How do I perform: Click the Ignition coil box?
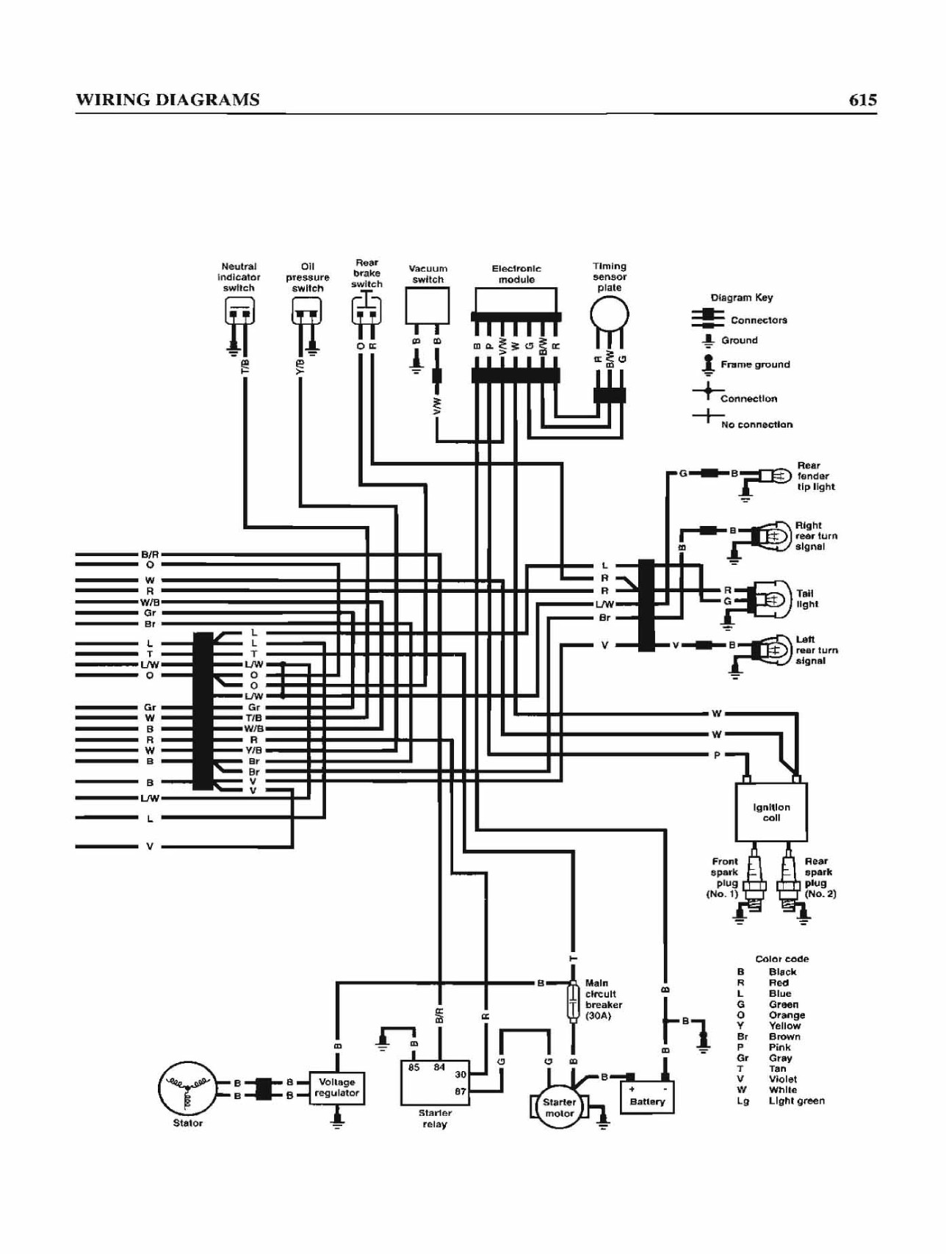click(771, 811)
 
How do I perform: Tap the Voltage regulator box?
click(337, 1088)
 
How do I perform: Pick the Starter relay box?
click(434, 1082)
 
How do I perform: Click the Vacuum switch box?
click(427, 306)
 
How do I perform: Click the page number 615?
click(862, 100)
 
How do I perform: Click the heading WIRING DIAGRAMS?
click(167, 100)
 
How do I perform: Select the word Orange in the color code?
click(787, 1015)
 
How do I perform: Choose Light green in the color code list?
click(796, 1100)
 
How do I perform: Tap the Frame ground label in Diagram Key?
click(755, 364)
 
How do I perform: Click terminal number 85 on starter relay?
click(414, 1067)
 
